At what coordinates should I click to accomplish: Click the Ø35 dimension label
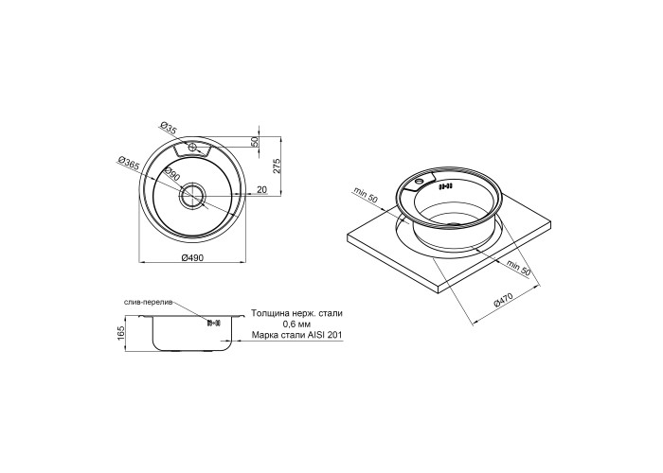[x=169, y=129]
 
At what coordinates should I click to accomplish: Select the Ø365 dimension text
[x=129, y=165]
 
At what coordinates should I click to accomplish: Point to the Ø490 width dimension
[x=192, y=257]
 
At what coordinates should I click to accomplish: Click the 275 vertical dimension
[x=278, y=166]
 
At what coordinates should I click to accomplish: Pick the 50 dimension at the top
[x=255, y=142]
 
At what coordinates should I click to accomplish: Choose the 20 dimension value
[x=262, y=190]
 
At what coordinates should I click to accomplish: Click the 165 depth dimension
[x=122, y=333]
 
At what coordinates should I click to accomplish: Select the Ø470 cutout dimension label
[x=503, y=301]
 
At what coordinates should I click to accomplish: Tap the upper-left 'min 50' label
[x=367, y=197]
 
